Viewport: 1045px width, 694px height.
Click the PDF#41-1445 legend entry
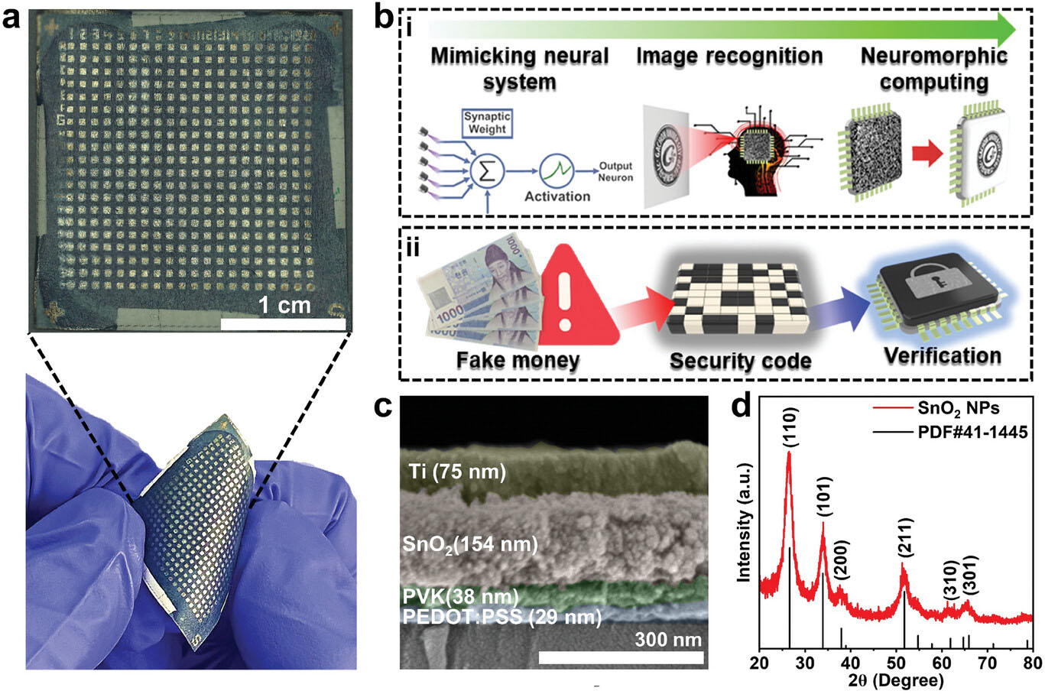point(950,433)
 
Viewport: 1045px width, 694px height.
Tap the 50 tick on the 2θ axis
point(896,663)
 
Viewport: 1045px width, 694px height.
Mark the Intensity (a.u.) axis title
point(745,523)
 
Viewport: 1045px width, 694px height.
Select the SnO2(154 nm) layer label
point(470,545)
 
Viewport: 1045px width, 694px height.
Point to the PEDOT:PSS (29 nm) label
point(502,617)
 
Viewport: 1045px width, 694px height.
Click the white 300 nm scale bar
point(621,657)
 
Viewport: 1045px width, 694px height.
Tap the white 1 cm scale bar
point(283,324)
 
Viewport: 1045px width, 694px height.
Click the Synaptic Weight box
point(487,123)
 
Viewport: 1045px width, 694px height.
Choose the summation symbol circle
point(487,172)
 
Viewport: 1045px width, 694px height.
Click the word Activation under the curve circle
point(557,196)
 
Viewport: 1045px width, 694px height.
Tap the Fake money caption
point(518,360)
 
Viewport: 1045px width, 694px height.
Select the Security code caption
point(740,361)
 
